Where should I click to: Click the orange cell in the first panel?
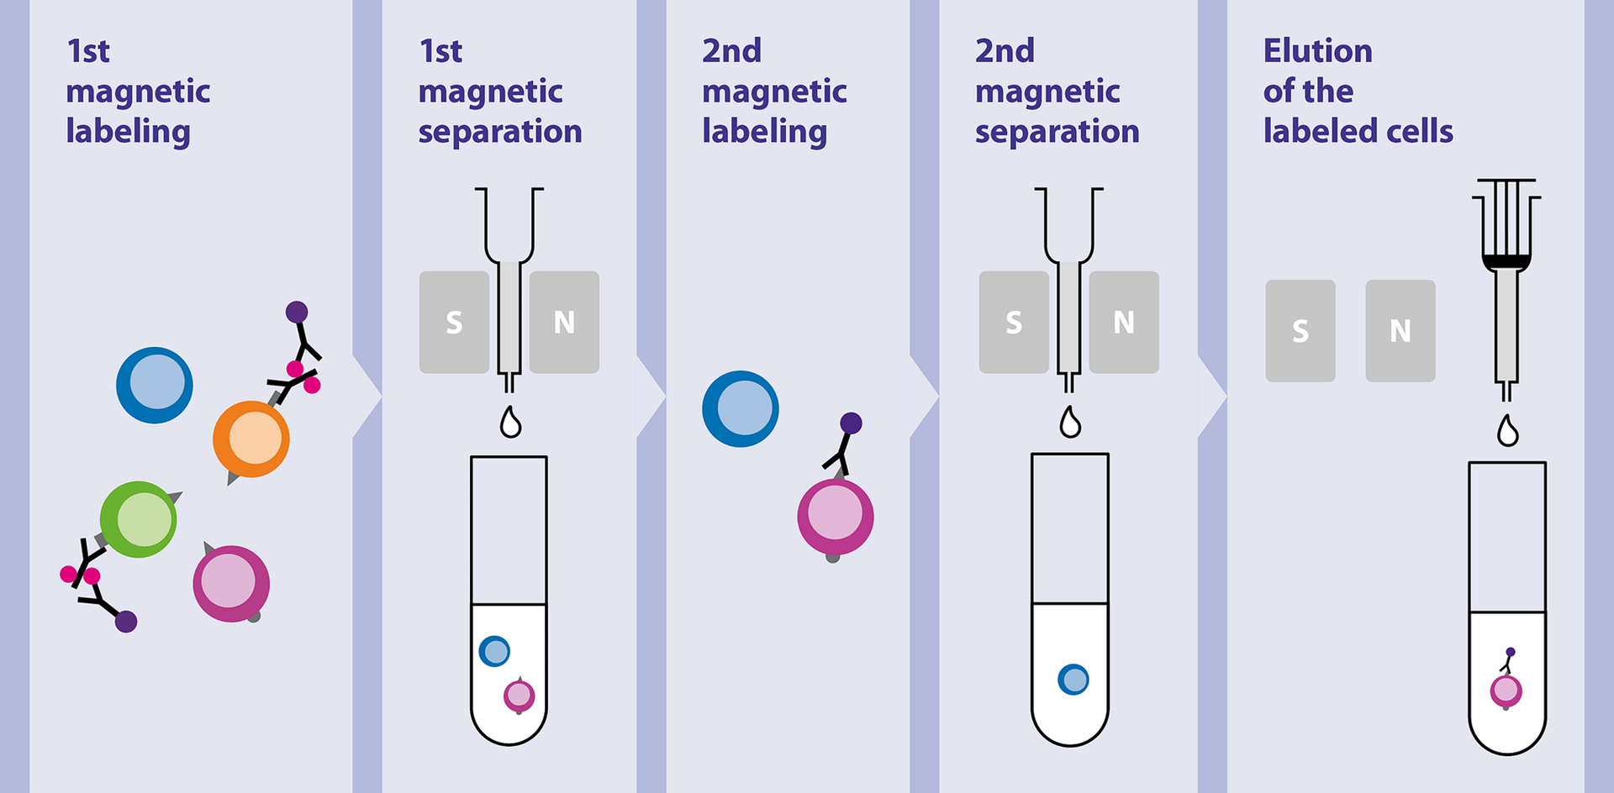pyautogui.click(x=251, y=439)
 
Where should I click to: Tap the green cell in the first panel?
pyautogui.click(x=139, y=519)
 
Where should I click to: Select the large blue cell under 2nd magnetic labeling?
pyautogui.click(x=741, y=409)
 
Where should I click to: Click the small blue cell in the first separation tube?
pyautogui.click(x=494, y=651)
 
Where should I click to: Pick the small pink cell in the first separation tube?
pyautogui.click(x=519, y=696)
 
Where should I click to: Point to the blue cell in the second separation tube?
pyautogui.click(x=1073, y=680)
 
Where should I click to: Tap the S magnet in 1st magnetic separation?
pyautogui.click(x=454, y=323)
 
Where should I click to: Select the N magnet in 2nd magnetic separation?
pyautogui.click(x=1124, y=323)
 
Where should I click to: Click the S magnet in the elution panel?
pyautogui.click(x=1300, y=331)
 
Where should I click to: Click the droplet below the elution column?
pyautogui.click(x=1508, y=432)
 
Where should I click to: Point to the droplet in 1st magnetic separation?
pyautogui.click(x=510, y=423)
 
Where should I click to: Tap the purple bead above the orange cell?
pyautogui.click(x=297, y=312)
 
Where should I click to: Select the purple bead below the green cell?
pyautogui.click(x=126, y=622)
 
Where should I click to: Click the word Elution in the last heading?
pyautogui.click(x=1317, y=51)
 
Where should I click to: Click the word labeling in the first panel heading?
pyautogui.click(x=128, y=132)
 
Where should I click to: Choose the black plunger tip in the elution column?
pyautogui.click(x=1506, y=261)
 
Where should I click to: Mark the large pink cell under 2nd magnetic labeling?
pyautogui.click(x=836, y=517)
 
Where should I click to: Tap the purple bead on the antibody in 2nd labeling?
pyautogui.click(x=851, y=423)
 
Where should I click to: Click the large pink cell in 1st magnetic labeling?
pyautogui.click(x=231, y=584)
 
